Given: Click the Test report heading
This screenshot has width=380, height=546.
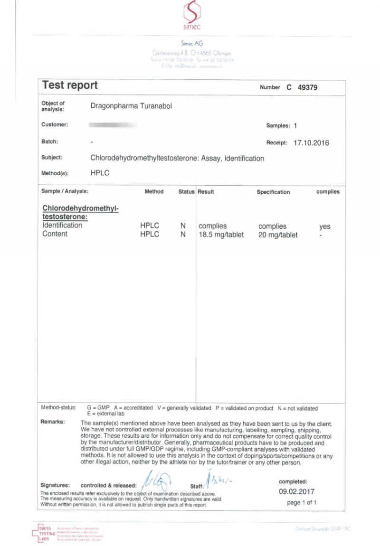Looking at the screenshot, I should click(x=70, y=85).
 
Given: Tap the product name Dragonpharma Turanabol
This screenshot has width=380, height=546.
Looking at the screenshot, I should click(x=131, y=106).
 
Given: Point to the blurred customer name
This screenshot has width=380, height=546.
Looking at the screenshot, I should click(x=113, y=125).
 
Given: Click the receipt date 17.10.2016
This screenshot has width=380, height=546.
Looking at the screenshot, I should click(x=311, y=143).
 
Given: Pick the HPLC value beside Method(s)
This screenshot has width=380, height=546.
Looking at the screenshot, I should click(x=100, y=173).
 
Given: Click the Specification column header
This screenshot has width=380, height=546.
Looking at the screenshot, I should click(x=273, y=192).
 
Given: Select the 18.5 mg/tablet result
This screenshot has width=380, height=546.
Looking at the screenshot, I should click(x=221, y=235).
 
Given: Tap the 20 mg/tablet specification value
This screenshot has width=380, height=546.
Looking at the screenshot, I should click(x=278, y=235).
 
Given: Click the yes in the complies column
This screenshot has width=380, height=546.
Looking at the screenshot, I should click(x=324, y=226).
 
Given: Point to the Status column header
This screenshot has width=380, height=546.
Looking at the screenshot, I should click(x=186, y=192).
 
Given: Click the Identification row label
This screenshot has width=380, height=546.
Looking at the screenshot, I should click(x=62, y=226).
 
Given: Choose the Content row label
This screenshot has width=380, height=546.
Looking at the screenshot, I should click(x=55, y=234).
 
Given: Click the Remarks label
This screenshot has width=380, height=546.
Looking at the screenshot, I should click(x=53, y=422).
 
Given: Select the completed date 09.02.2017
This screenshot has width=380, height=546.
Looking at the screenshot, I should click(x=296, y=492).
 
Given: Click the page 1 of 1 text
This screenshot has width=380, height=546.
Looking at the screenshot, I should click(x=302, y=503).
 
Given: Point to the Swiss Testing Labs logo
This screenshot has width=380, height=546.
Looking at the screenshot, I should click(x=45, y=533).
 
